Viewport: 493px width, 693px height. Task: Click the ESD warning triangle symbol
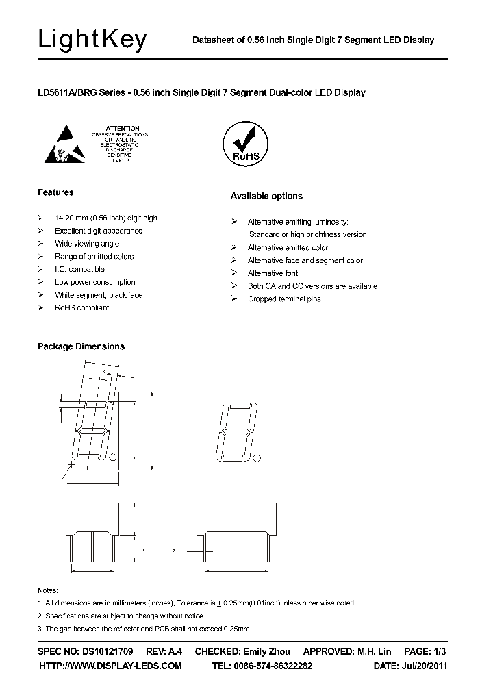[67, 142]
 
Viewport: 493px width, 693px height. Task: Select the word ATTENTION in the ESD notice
[123, 128]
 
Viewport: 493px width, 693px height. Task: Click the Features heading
[55, 192]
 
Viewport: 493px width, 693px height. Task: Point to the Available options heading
[266, 196]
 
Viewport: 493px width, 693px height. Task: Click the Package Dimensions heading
[81, 346]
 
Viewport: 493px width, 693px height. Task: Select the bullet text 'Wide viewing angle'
[86, 244]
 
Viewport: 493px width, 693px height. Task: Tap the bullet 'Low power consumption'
[94, 282]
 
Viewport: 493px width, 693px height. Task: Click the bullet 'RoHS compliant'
[81, 307]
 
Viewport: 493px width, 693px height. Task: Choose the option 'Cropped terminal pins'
[283, 299]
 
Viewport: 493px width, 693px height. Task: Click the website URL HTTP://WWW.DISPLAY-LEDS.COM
[110, 666]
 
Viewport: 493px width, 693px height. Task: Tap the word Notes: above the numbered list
[48, 590]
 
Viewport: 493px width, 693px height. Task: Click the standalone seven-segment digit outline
[238, 433]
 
